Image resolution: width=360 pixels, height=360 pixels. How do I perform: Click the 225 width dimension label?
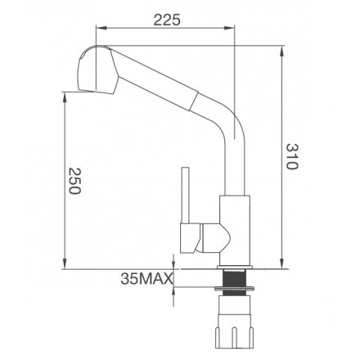(x=167, y=20)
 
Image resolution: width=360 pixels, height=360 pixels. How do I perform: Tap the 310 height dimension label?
(x=292, y=156)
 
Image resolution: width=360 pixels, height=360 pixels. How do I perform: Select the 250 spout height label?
(x=74, y=181)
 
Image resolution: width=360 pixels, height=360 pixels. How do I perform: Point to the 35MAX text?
(x=146, y=278)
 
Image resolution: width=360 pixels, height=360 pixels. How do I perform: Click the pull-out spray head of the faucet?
(x=98, y=70)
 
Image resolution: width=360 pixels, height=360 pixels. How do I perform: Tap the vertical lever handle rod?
(x=186, y=195)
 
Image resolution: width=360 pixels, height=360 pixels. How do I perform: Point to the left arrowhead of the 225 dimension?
(x=101, y=28)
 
